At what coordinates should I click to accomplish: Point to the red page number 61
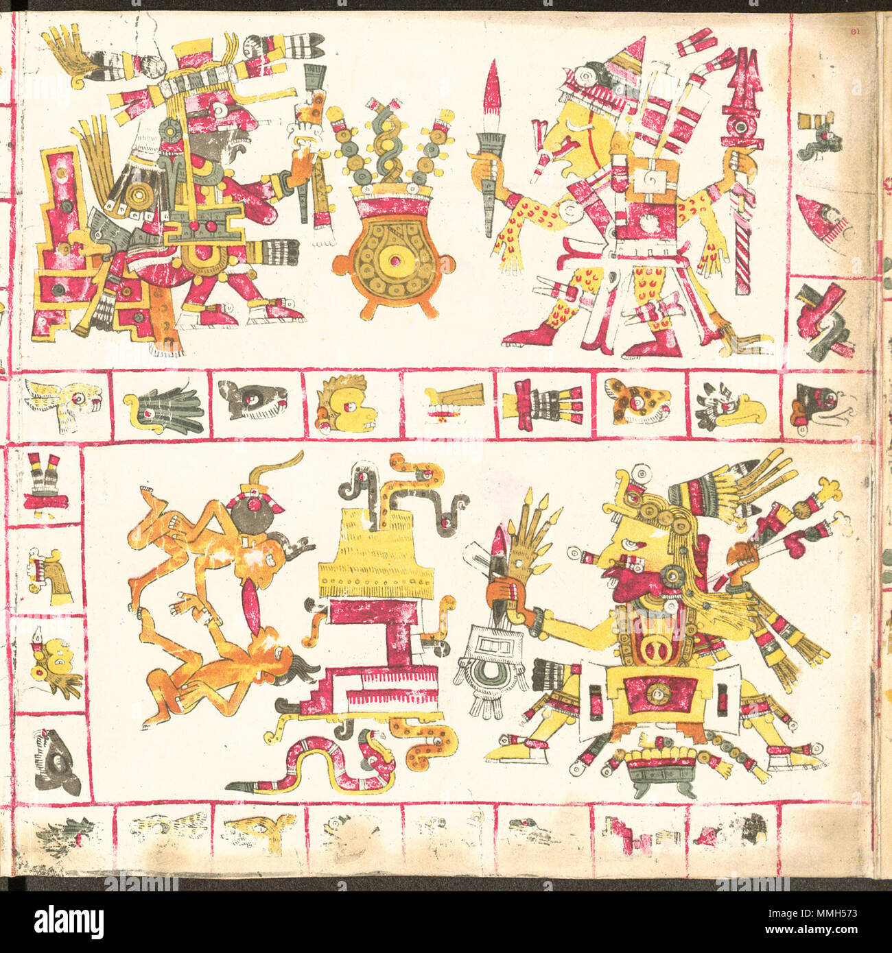click(x=854, y=30)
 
